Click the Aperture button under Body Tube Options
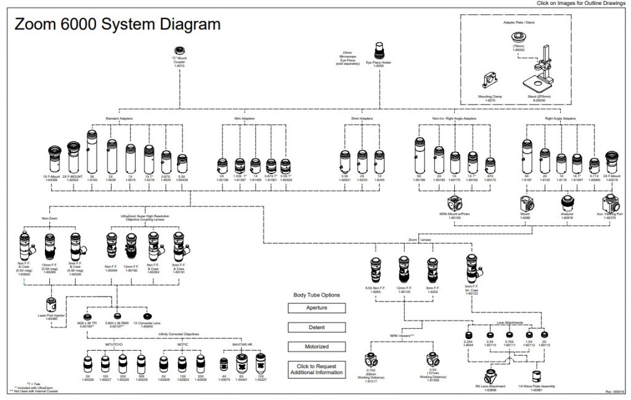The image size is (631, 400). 317,308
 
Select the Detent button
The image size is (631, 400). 317,327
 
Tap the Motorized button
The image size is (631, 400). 317,346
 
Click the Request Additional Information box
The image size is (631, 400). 317,370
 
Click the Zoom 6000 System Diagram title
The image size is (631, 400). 117,25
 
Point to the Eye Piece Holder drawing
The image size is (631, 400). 379,49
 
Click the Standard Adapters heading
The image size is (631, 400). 119,118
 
